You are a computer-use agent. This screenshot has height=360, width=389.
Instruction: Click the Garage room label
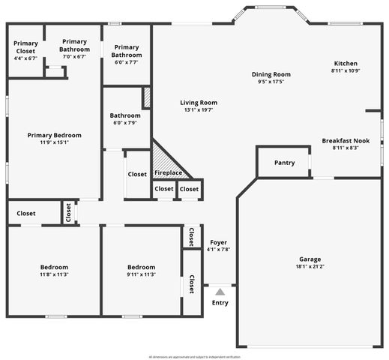pyautogui.click(x=310, y=259)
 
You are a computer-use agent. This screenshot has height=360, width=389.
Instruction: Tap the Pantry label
pyautogui.click(x=285, y=163)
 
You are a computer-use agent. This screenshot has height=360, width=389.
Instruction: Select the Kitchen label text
pyautogui.click(x=346, y=64)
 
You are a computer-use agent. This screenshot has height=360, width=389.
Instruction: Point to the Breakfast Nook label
pyautogui.click(x=346, y=140)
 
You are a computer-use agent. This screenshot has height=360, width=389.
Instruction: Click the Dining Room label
pyautogui.click(x=271, y=74)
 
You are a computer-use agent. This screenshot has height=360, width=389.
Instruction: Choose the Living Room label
pyautogui.click(x=199, y=103)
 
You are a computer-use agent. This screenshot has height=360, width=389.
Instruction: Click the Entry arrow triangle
pyautogui.click(x=220, y=290)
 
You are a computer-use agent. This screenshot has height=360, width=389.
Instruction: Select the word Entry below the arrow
pyautogui.click(x=220, y=302)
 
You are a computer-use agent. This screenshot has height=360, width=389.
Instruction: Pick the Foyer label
pyautogui.click(x=218, y=242)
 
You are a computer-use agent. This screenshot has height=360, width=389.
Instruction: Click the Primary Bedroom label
pyautogui.click(x=54, y=135)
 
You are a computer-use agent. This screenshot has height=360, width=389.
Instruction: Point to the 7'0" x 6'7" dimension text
pyautogui.click(x=74, y=56)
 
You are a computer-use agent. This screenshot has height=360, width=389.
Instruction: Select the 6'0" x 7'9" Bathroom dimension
pyautogui.click(x=125, y=122)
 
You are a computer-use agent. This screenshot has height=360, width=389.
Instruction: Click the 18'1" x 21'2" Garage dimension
pyautogui.click(x=310, y=266)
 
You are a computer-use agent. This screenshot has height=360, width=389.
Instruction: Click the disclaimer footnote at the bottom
pyautogui.click(x=194, y=356)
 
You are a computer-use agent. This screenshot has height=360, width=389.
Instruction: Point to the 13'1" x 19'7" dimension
pyautogui.click(x=199, y=109)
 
